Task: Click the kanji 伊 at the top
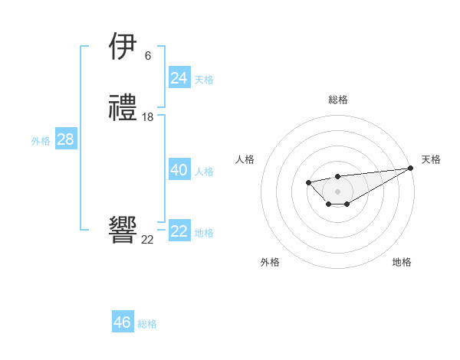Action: (123, 47)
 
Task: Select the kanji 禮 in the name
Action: (123, 109)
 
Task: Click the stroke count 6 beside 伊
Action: (147, 56)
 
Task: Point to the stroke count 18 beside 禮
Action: (148, 117)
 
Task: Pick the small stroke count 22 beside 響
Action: (147, 240)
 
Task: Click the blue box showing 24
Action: (179, 78)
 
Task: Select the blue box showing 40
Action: (179, 170)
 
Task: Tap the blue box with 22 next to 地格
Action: (179, 231)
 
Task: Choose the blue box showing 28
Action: (65, 139)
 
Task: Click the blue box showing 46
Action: (123, 322)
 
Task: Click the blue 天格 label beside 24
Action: (204, 80)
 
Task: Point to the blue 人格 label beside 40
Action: (204, 172)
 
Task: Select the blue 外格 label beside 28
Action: (41, 141)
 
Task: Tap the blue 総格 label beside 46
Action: (147, 324)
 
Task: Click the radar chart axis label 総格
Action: (337, 100)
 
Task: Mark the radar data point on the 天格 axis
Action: (411, 168)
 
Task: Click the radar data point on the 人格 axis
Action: (308, 182)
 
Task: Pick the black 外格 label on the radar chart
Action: (270, 262)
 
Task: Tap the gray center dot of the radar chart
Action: (337, 191)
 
